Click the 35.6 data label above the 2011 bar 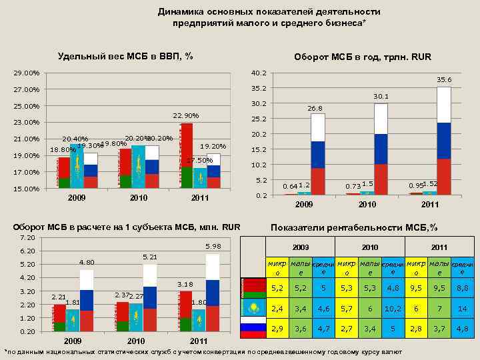pos(444,79)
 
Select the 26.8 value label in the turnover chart pos(315,107)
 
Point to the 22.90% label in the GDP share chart pos(186,116)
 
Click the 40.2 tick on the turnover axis pos(259,73)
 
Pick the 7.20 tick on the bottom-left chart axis pos(27,238)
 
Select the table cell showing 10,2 pos(393,309)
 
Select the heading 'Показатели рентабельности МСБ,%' pos(353,227)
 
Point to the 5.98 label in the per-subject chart pos(212,247)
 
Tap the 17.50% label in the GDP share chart pos(199,160)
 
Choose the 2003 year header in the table pos(301,247)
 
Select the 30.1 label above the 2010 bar pos(381,97)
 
